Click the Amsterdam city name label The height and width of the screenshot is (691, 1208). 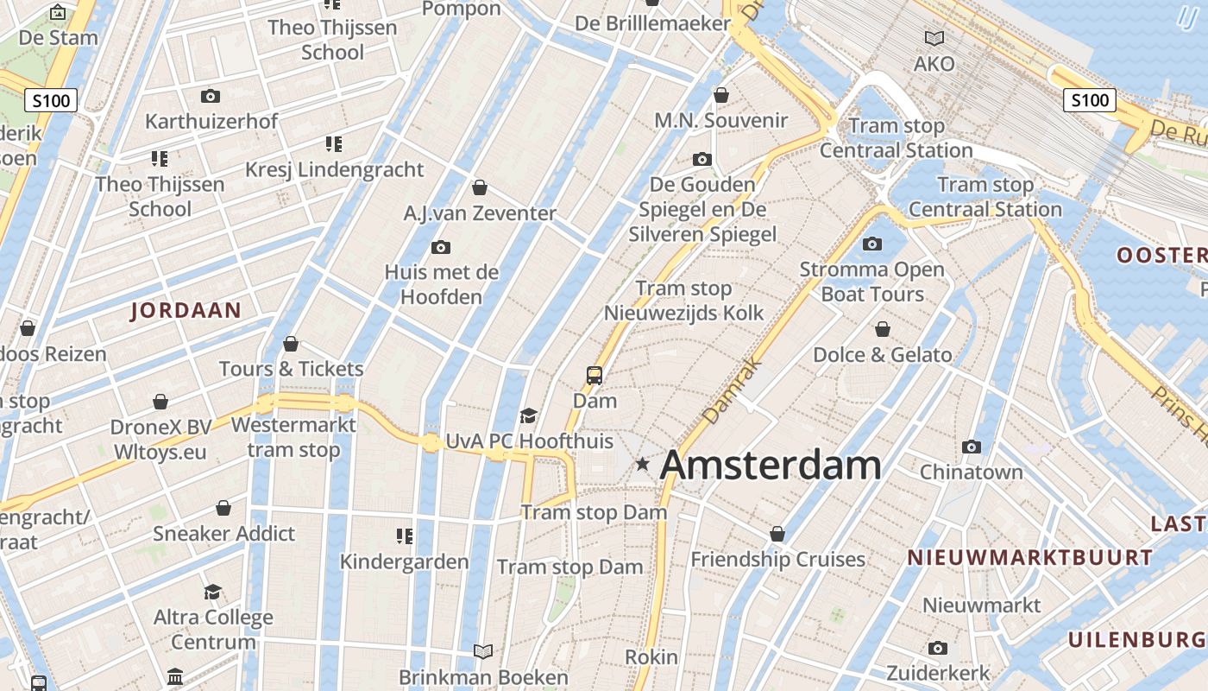[x=770, y=466]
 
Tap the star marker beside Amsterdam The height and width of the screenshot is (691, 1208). [x=642, y=464]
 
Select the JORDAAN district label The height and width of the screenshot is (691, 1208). [x=186, y=311]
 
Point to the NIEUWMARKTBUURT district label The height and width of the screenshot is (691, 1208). [x=1029, y=558]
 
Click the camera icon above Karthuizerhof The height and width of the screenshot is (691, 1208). [x=210, y=96]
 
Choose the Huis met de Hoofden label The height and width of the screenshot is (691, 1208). [x=441, y=284]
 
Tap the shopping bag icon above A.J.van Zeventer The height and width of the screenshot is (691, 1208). [x=480, y=187]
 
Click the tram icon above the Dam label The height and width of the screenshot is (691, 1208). [x=595, y=375]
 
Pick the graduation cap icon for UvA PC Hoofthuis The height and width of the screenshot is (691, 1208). [x=528, y=416]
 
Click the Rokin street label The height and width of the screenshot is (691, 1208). [x=651, y=657]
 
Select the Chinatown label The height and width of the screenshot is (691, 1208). [x=971, y=472]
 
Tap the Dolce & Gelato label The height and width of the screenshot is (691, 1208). [x=883, y=354]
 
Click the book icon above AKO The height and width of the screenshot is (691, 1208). [x=934, y=38]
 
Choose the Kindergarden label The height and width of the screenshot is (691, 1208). [x=404, y=561]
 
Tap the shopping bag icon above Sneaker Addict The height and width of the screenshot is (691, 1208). [x=223, y=508]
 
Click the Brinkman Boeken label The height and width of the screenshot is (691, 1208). [x=483, y=677]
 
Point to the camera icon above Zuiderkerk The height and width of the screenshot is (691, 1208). [x=938, y=648]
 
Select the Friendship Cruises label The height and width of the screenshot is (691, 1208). [x=777, y=560]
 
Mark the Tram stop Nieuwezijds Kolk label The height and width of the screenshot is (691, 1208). [x=683, y=301]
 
